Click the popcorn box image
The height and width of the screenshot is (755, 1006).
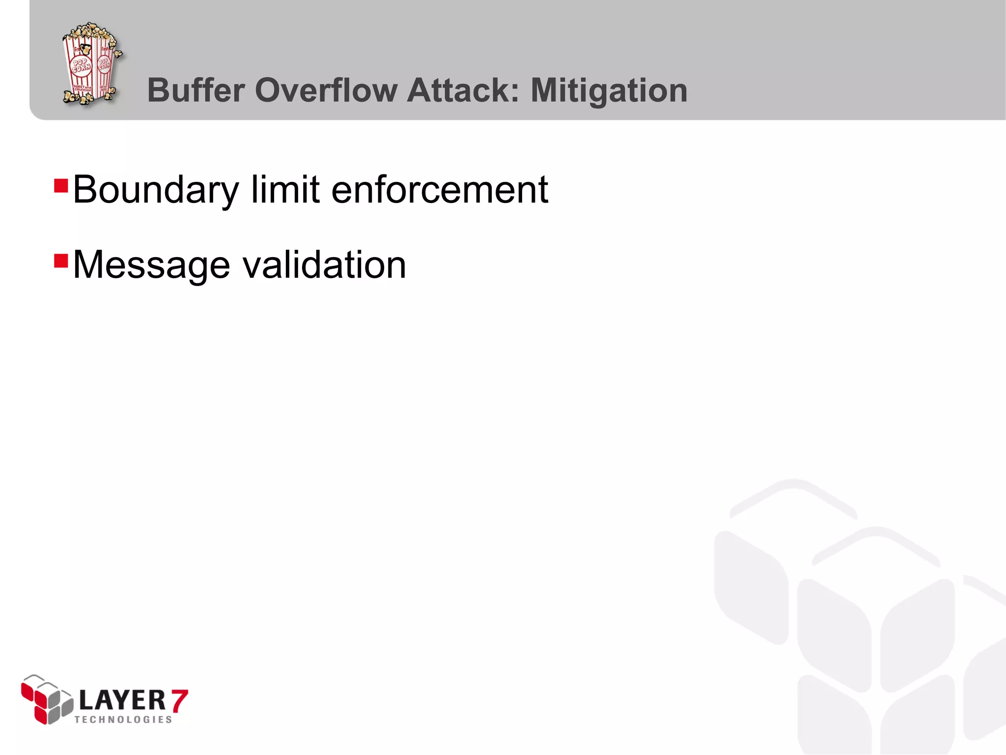click(91, 64)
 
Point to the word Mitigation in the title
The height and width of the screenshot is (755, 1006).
click(609, 90)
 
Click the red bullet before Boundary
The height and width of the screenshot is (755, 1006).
click(61, 186)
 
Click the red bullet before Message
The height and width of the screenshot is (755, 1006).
click(61, 261)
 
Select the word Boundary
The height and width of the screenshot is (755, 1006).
click(156, 191)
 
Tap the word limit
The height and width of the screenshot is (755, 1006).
click(285, 190)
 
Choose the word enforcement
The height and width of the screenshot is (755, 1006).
click(440, 190)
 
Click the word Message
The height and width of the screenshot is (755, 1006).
click(151, 266)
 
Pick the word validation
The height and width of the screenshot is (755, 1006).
click(324, 265)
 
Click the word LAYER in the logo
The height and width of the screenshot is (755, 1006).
click(122, 700)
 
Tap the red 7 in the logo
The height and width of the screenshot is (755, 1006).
click(179, 700)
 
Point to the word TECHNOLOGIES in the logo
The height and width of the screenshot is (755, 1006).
click(123, 720)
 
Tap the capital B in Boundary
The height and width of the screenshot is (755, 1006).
click(86, 190)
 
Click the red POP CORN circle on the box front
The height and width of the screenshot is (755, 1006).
click(81, 65)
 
